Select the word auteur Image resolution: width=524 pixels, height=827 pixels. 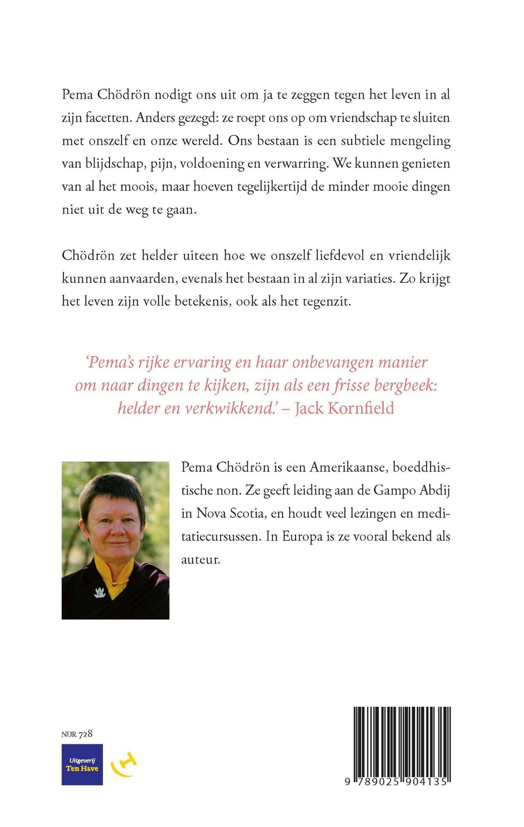201,560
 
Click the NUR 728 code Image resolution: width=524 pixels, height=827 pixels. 77,734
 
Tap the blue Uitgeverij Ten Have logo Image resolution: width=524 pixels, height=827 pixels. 82,764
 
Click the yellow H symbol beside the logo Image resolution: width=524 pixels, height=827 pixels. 125,764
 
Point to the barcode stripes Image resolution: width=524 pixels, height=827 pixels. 402,741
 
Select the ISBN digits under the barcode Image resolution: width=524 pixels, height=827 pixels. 397,782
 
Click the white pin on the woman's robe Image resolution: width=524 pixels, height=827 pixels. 100,592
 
